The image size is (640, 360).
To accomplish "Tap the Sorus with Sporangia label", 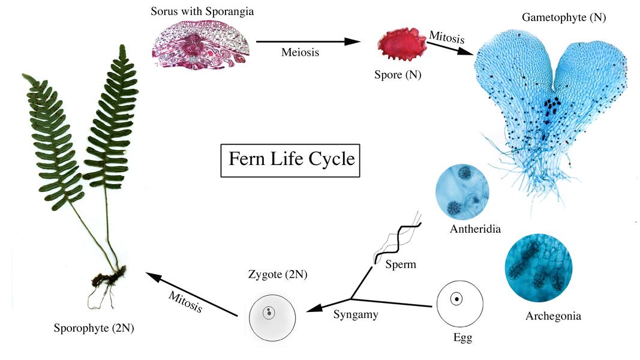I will tap(203, 11).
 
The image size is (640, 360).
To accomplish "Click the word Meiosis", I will tap(300, 52).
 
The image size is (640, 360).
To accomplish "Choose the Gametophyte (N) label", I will tap(563, 17).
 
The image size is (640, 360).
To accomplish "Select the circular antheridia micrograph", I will tap(462, 191).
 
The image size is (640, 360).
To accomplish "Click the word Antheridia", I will tap(474, 229).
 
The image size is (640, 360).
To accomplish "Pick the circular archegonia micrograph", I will tap(538, 268).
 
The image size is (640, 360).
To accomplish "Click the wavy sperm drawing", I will tap(398, 240).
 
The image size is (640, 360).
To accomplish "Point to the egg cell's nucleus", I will tap(456, 299).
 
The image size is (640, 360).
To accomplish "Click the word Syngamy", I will tap(356, 314).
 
